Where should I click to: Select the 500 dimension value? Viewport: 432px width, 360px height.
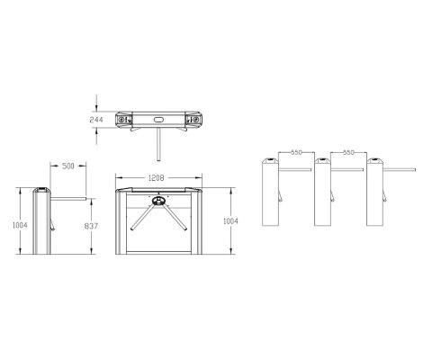67,166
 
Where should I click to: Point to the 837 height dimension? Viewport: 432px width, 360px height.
90,225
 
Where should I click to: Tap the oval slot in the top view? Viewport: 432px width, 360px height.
159,119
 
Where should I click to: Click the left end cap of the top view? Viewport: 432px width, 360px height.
125,119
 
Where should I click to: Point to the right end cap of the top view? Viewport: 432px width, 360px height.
193,119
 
